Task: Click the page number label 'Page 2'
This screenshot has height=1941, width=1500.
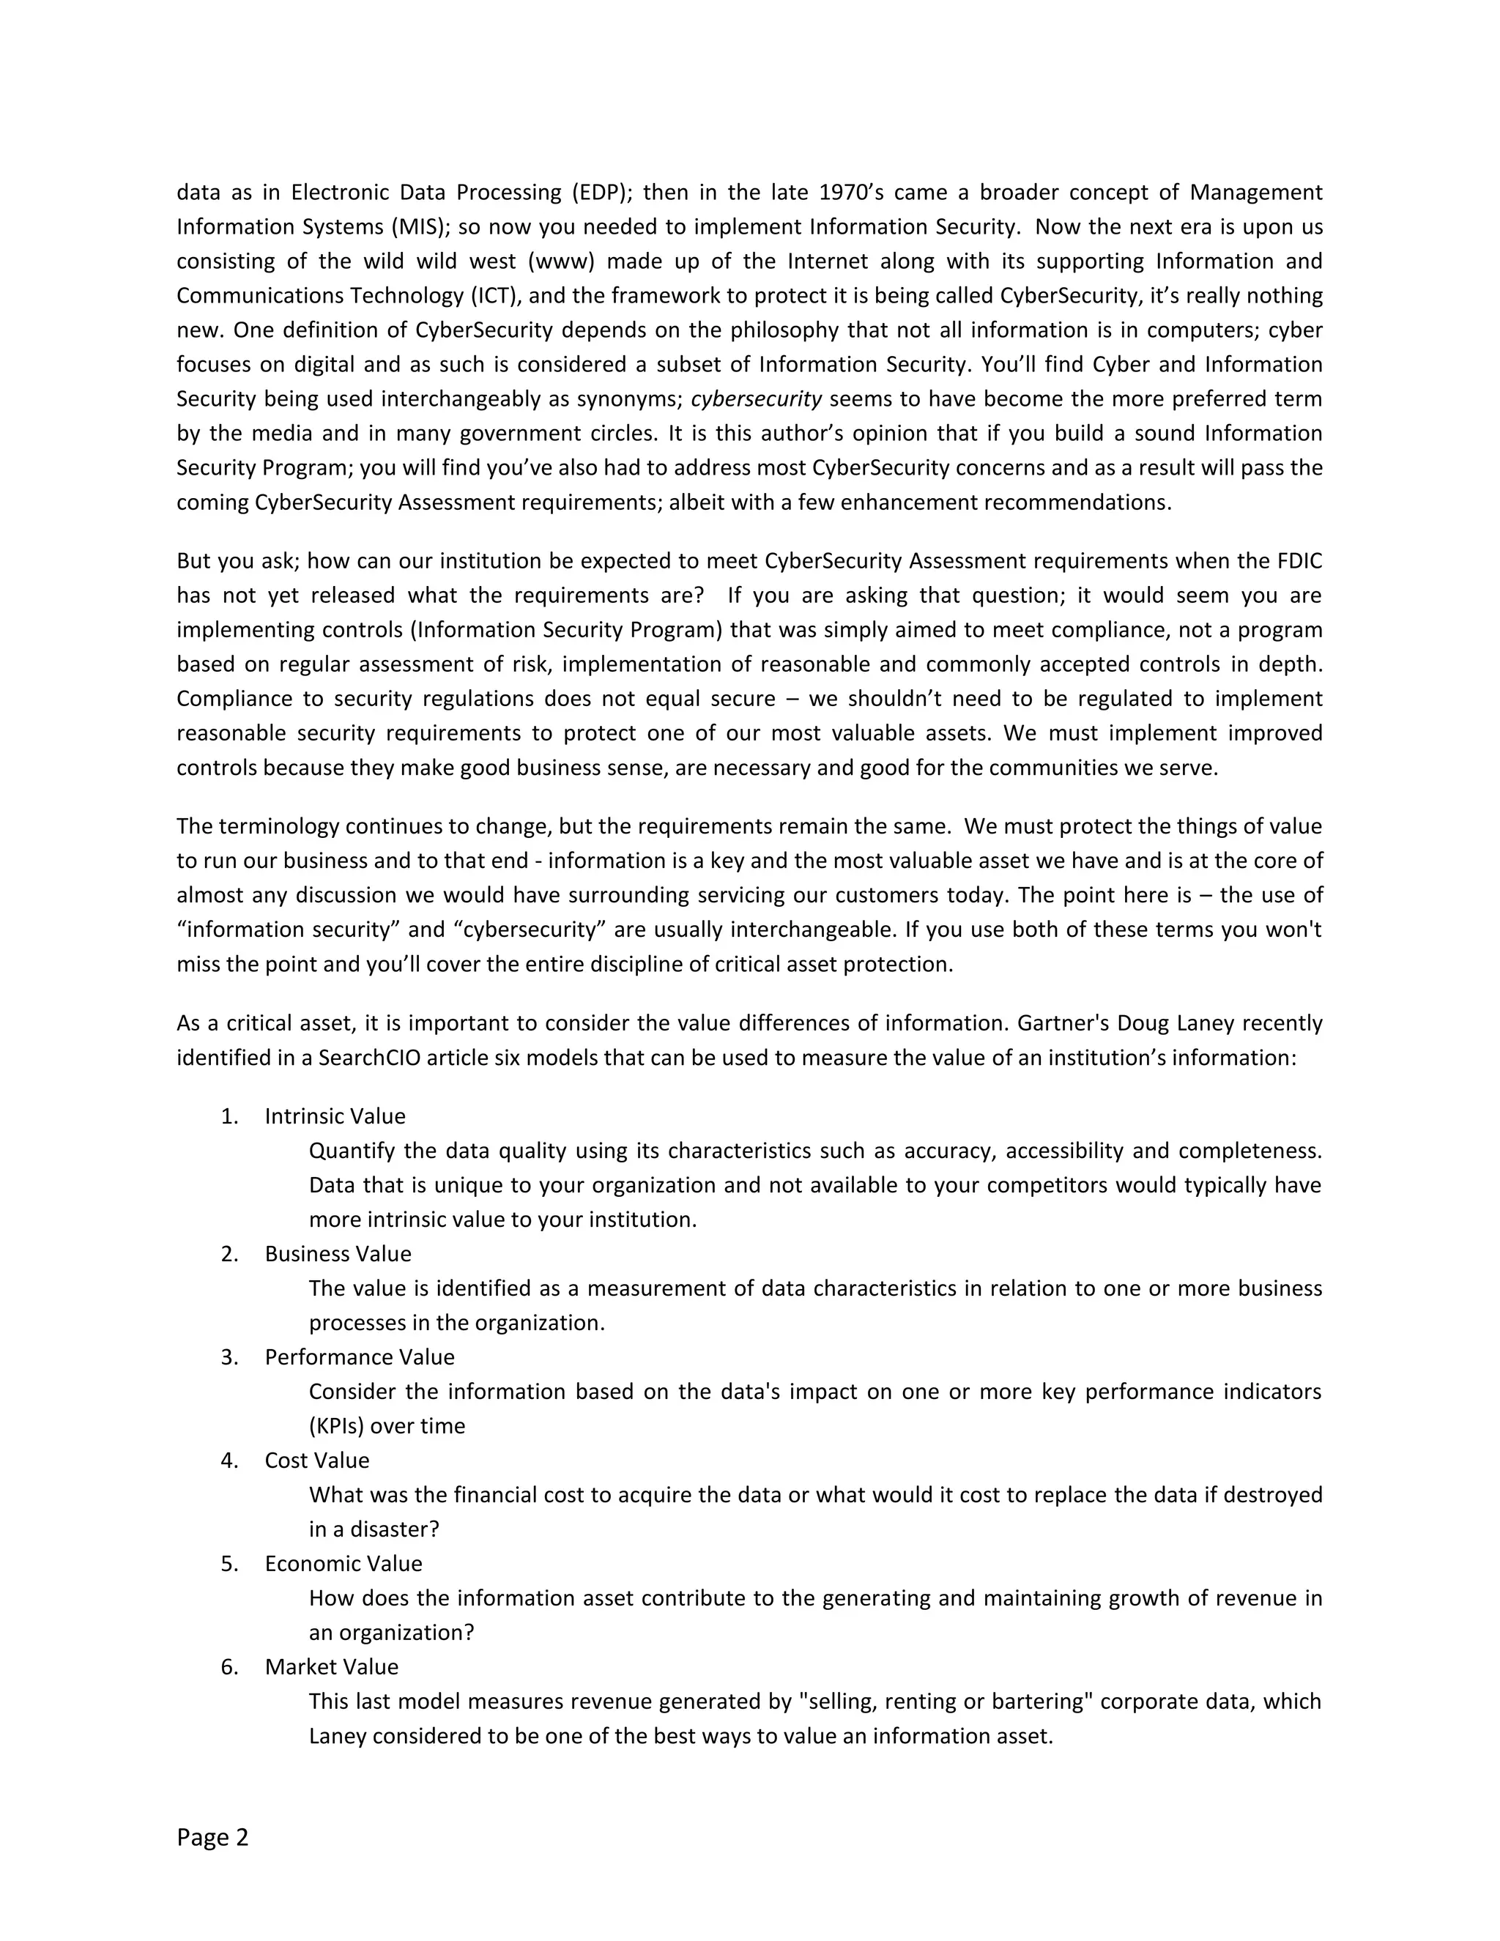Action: [x=212, y=1837]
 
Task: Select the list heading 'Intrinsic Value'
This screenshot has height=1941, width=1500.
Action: [x=335, y=1116]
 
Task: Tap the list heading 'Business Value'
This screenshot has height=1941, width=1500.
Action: [x=338, y=1254]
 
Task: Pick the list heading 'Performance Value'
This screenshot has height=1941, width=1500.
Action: [x=359, y=1357]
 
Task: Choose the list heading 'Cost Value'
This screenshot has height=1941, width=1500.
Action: [x=316, y=1461]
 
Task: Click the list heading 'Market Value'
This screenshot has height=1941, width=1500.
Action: [x=332, y=1666]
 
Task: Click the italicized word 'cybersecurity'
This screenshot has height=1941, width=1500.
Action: [x=756, y=399]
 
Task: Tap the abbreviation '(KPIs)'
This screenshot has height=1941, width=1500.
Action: [x=336, y=1425]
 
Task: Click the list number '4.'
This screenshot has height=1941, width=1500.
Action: [x=229, y=1461]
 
